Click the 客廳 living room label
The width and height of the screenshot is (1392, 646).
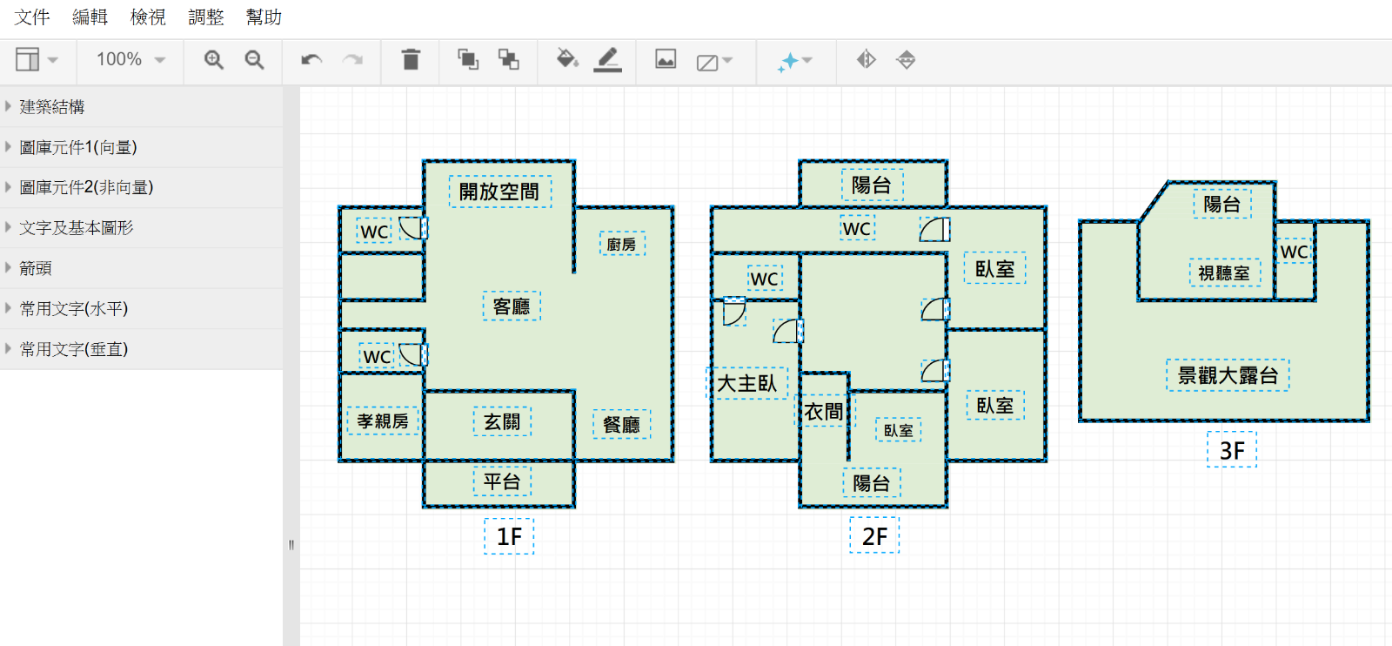pos(512,306)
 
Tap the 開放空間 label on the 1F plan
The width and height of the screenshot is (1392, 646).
pos(499,192)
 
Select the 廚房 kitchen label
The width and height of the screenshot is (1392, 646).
pos(621,245)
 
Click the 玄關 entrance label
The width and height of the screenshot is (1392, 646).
pos(501,422)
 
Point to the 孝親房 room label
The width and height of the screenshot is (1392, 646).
pos(383,421)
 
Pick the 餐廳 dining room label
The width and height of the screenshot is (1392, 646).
pos(621,425)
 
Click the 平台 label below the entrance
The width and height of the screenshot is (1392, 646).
pos(501,481)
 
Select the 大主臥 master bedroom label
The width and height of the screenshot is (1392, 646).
pos(747,383)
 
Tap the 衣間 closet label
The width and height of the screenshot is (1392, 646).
pos(824,411)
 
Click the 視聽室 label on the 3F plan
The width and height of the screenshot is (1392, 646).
pos(1224,273)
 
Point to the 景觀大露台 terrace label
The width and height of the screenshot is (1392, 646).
pos(1228,375)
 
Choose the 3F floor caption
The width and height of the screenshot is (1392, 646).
pos(1232,450)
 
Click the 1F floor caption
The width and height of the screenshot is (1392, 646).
pos(509,536)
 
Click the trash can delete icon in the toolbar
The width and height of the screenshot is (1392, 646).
pos(411,60)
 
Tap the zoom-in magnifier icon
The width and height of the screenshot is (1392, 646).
pos(214,60)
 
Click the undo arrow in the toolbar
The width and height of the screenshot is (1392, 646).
pos(311,60)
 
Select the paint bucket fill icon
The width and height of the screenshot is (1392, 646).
pos(566,58)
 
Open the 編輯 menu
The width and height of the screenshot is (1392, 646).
pos(90,17)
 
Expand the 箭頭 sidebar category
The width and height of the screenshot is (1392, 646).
pos(36,268)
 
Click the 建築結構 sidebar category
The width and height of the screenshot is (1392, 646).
pos(51,107)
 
